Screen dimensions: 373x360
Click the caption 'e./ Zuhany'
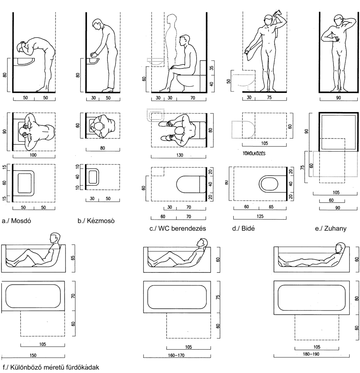(x=330, y=228)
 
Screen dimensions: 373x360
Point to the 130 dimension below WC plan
(x=177, y=155)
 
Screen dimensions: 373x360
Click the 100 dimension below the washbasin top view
(x=34, y=155)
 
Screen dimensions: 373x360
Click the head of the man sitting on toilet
(x=185, y=40)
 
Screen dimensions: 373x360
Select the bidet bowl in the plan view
(x=270, y=184)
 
